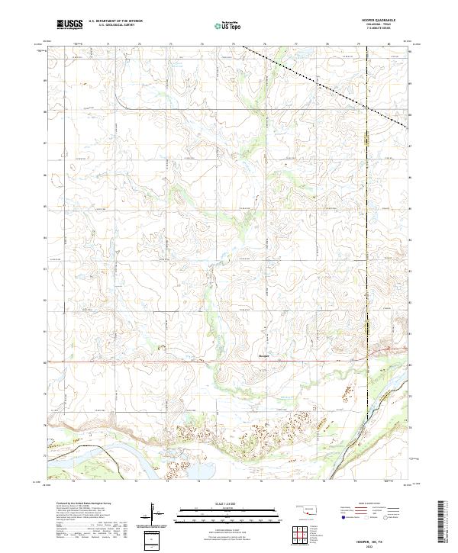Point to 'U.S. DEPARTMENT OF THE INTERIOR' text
(115, 21)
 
